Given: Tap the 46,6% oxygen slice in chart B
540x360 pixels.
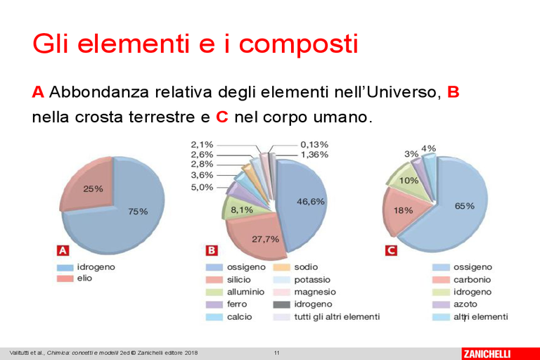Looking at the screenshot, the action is pos(303,203).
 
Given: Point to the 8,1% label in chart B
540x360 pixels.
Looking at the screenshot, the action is pos(242,210).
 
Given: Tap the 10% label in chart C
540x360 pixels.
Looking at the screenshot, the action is pos(409,181).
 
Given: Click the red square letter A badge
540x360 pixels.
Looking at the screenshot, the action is pos(63,250).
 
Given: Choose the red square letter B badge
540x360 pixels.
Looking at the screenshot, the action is pos(212,250).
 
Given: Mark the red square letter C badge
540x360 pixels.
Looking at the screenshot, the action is pos(391,250).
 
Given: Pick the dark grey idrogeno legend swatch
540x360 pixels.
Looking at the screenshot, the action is pos(282,304).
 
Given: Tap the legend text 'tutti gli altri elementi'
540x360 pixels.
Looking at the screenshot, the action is pos(337,316).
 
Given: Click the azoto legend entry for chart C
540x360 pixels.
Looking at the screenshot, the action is pos(455,304).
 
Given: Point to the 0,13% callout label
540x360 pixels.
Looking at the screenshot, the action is pos(314,145).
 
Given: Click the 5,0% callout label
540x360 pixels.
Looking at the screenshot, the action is pos(202,188).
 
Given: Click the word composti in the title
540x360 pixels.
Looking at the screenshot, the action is pos(299,44).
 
